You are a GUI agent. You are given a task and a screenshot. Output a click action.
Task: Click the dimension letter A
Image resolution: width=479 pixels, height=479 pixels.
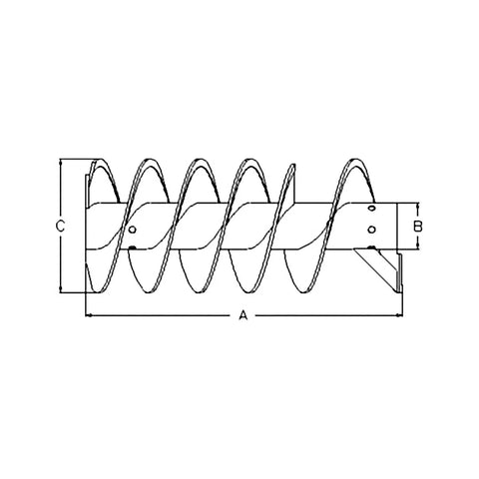click(x=243, y=314)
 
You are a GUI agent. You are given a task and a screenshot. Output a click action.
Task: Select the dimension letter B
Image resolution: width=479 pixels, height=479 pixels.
click(x=418, y=227)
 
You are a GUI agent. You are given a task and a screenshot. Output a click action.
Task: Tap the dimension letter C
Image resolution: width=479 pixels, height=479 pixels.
click(x=60, y=227)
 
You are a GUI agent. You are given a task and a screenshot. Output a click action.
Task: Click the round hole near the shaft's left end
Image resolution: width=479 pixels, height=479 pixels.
click(x=132, y=230)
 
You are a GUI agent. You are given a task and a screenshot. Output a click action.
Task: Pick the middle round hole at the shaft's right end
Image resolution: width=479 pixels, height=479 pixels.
click(x=372, y=230)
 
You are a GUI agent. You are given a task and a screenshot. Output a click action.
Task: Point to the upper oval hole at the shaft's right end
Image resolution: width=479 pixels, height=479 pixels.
click(x=372, y=209)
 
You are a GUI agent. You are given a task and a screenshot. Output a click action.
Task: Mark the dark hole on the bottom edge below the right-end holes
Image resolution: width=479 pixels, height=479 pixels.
click(x=371, y=247)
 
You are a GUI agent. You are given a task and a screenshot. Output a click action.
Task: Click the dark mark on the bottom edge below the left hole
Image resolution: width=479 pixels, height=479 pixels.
click(x=132, y=247)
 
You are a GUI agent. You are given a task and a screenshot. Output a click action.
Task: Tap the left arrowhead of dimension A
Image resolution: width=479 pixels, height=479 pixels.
click(x=89, y=315)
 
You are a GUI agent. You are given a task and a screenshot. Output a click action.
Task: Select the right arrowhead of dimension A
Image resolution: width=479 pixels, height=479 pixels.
click(x=400, y=315)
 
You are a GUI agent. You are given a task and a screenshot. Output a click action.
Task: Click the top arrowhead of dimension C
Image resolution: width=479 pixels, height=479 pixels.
click(x=61, y=163)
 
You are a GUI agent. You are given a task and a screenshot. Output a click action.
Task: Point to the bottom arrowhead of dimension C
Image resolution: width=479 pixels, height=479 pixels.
click(x=61, y=289)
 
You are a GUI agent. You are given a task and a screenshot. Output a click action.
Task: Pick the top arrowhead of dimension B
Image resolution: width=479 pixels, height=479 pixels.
click(x=418, y=206)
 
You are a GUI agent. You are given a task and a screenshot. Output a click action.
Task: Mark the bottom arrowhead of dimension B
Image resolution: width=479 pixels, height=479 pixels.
click(x=418, y=245)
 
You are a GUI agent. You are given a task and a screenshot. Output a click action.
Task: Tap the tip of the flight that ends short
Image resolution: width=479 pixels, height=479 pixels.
click(x=293, y=165)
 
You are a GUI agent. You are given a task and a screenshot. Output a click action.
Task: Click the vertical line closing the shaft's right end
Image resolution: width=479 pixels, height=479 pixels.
click(x=397, y=226)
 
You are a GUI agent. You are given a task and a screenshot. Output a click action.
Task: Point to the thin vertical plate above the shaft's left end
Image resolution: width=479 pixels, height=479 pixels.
click(x=87, y=189)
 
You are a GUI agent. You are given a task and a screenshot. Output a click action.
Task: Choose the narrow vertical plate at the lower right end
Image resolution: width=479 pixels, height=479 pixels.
click(x=400, y=271)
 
